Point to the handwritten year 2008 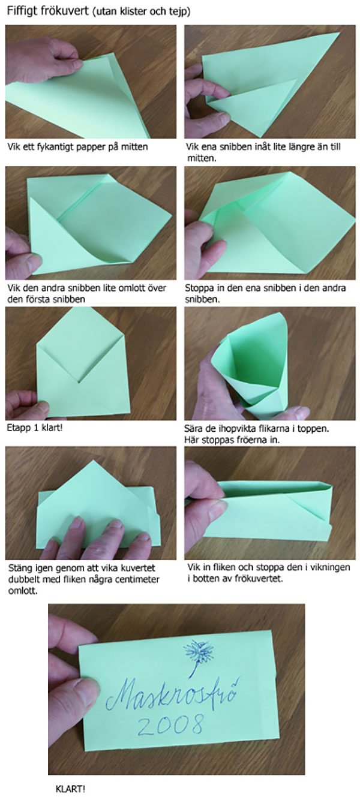pos(170,726)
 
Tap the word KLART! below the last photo pos(70,789)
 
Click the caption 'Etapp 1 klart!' pos(35,428)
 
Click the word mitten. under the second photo pos(202,158)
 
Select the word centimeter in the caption pos(137,579)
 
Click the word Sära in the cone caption pos(194,428)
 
